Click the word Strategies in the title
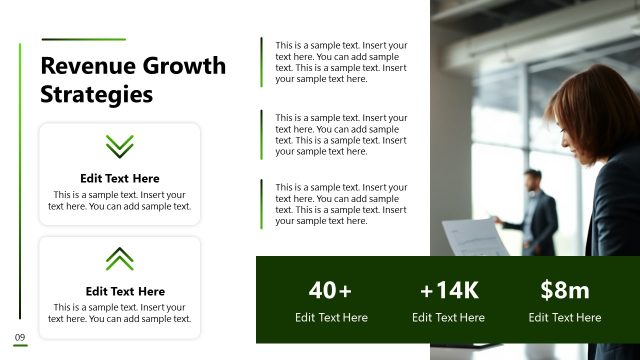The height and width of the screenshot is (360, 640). [96, 95]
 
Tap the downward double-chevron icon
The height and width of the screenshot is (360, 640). [120, 146]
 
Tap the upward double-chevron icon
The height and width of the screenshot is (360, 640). [120, 259]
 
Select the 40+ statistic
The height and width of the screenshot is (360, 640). [330, 291]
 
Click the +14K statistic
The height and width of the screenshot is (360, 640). [449, 291]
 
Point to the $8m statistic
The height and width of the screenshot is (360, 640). [565, 291]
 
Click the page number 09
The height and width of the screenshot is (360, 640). [19, 336]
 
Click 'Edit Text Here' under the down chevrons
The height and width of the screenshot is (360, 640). [120, 179]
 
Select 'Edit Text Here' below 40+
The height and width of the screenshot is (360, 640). [331, 318]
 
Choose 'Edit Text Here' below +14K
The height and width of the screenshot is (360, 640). [448, 318]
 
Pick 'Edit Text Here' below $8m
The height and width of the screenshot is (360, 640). [565, 318]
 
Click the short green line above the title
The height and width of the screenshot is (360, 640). [83, 40]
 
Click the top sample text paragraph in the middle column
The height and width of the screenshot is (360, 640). [341, 62]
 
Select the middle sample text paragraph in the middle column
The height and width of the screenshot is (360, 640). [341, 134]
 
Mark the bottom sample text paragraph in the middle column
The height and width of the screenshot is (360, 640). [341, 204]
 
